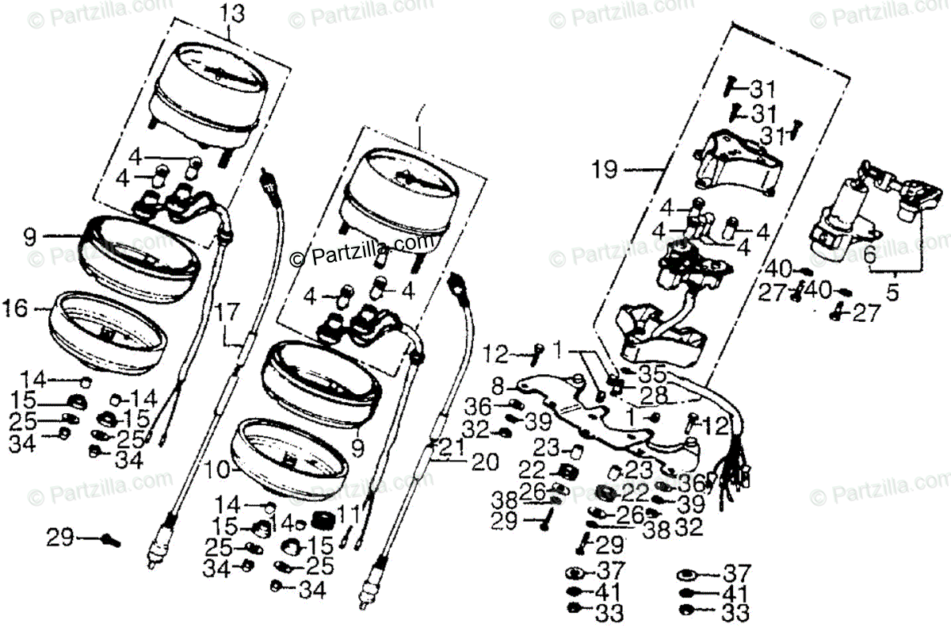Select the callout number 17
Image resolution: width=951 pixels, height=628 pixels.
click(227, 312)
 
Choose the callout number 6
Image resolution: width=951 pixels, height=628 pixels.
click(869, 255)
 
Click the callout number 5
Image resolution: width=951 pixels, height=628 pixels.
click(893, 293)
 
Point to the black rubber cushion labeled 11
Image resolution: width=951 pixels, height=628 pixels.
click(322, 523)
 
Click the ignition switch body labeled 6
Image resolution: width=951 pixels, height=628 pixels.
click(836, 218)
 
